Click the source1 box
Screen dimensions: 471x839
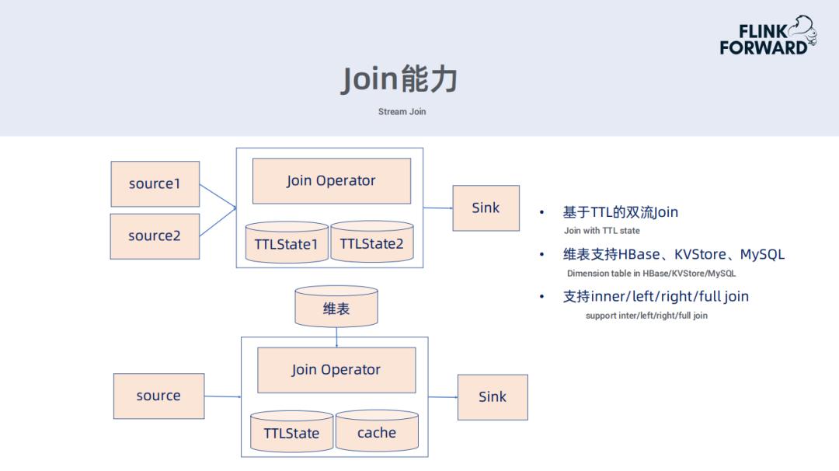point(155,184)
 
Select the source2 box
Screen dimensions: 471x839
point(155,236)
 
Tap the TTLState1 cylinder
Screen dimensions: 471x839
point(287,243)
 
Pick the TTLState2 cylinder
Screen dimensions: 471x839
point(372,243)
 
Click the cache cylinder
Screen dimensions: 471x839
point(377,432)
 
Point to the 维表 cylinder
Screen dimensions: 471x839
point(336,308)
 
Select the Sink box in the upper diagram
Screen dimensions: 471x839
point(486,208)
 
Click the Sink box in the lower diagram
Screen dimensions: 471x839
point(492,397)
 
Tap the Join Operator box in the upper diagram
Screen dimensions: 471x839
point(331,181)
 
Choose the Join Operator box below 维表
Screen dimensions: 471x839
point(336,370)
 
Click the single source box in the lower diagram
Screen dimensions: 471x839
point(158,396)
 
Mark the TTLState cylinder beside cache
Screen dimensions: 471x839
point(291,432)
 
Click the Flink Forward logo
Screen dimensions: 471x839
point(768,36)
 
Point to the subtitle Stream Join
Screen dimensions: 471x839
point(402,112)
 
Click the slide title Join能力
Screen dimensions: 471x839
point(399,79)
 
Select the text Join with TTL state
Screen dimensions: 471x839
point(601,231)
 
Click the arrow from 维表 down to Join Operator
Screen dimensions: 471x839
point(336,337)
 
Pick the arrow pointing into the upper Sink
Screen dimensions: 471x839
point(439,208)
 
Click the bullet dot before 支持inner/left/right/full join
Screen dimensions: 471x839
point(541,298)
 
